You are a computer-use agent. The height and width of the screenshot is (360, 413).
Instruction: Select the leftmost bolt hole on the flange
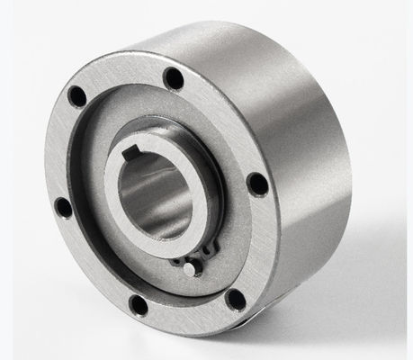click(64, 207)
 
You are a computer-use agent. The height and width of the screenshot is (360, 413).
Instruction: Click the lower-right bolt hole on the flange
click(236, 300)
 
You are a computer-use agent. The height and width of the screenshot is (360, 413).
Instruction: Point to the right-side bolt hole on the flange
click(257, 184)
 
